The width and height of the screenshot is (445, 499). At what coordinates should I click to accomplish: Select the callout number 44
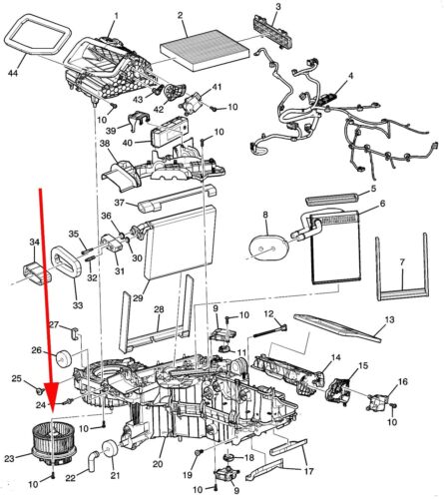(13, 73)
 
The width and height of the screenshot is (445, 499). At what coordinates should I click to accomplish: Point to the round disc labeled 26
(64, 358)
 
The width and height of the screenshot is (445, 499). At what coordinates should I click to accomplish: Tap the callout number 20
(158, 464)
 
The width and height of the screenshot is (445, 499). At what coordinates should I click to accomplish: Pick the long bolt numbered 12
(270, 331)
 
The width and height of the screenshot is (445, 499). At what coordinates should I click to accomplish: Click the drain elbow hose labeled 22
(92, 460)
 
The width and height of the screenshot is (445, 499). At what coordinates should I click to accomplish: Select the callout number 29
(138, 298)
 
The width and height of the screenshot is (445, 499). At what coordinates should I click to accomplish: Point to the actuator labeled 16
(378, 401)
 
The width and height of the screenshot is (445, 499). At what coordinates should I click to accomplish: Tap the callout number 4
(350, 76)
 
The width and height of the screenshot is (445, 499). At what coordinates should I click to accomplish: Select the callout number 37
(119, 203)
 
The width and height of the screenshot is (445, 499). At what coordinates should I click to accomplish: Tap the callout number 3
(278, 6)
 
